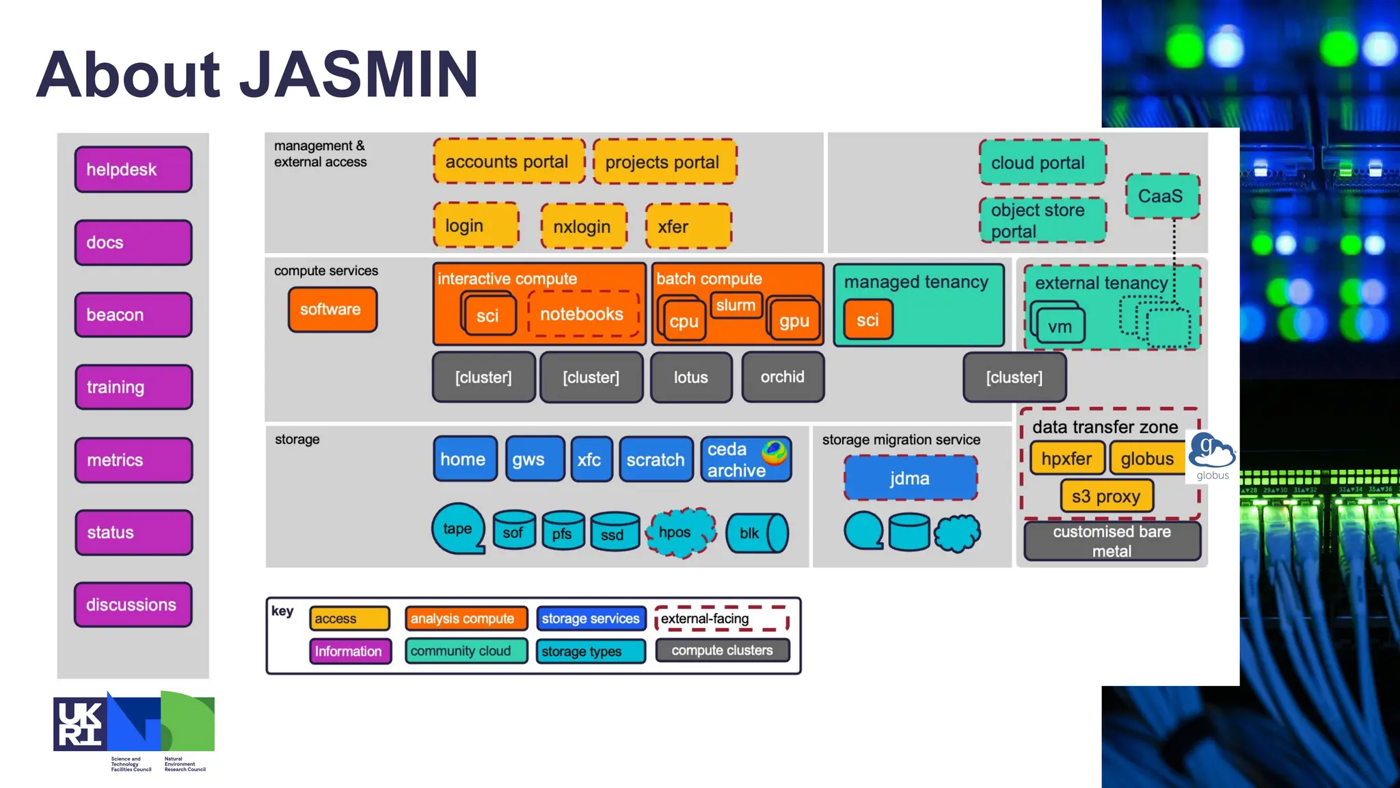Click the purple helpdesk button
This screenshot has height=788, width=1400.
pos(133,170)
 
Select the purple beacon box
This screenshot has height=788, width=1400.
pos(133,315)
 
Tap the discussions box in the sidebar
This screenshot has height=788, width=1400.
pos(133,605)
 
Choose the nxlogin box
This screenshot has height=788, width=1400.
pos(583,226)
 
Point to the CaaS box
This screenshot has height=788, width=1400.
pos(1161,196)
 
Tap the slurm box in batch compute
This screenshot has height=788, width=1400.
pos(736,305)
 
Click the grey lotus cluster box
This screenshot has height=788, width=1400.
pos(690,377)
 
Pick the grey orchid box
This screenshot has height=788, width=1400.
pos(783,377)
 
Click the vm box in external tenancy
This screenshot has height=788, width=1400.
pos(1060,327)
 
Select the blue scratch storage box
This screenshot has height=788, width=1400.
pos(656,460)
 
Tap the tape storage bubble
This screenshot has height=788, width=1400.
pos(457,528)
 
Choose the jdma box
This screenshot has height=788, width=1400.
pos(910,477)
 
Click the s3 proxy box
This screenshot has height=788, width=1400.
pos(1107,496)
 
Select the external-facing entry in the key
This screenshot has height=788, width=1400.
pos(721,619)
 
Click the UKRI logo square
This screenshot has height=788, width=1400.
pos(80,724)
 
